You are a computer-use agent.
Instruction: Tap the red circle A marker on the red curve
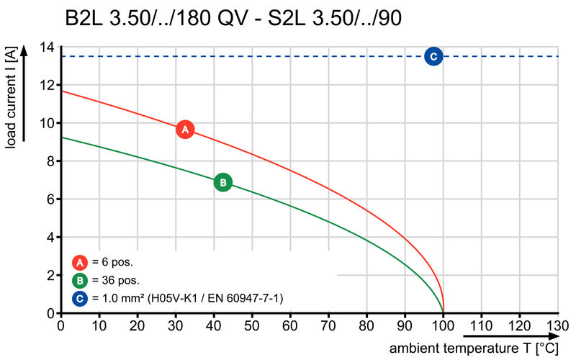[185, 130]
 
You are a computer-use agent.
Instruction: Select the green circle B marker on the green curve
[223, 183]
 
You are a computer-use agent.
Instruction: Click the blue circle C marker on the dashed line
[433, 56]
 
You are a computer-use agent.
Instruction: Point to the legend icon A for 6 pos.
[80, 262]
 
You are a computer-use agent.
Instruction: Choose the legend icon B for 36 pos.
[80, 279]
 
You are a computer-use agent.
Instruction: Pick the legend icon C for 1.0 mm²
[80, 297]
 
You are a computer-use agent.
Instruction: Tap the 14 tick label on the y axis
[47, 48]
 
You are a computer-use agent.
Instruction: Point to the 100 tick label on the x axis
[443, 325]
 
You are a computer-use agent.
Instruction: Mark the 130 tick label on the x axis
[558, 325]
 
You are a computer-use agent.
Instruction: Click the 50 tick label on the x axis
[252, 325]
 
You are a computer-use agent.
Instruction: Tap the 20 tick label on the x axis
[137, 325]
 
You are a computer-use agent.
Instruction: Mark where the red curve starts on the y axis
[61, 91]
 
